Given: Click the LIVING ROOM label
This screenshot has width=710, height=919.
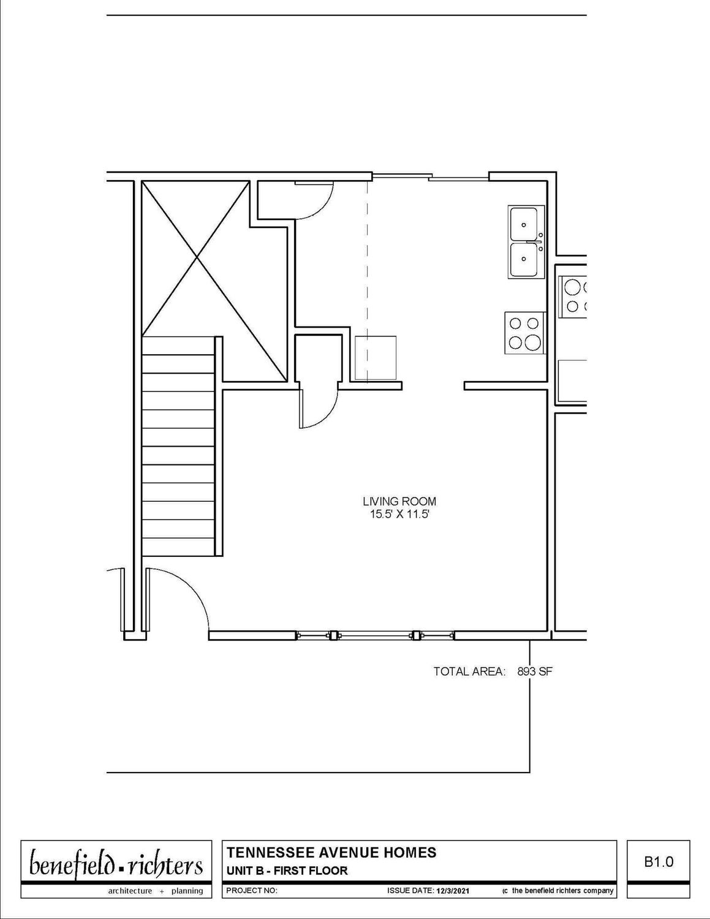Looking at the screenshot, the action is (399, 502).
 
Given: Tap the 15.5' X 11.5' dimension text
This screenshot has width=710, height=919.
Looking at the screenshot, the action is (399, 515).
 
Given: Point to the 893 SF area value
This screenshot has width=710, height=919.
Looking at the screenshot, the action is (535, 671).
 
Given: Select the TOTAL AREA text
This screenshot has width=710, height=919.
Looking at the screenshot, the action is (469, 671).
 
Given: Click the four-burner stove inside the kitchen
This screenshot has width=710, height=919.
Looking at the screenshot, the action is (524, 333).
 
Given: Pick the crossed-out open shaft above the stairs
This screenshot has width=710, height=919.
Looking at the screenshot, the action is (214, 281).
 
